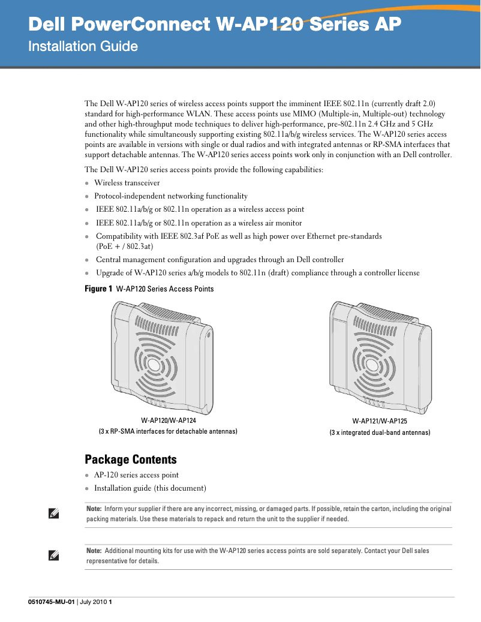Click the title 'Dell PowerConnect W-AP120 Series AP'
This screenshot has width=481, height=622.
(x=215, y=25)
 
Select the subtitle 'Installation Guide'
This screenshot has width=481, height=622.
(x=83, y=46)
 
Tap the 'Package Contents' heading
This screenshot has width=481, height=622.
(x=131, y=459)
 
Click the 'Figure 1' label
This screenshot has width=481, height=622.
(x=98, y=289)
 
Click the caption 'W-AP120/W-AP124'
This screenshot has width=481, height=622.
(x=168, y=420)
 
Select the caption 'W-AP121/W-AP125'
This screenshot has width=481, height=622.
(x=380, y=422)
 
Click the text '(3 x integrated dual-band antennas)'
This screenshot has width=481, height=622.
(x=380, y=432)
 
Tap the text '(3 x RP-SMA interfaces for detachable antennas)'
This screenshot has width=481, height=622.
(x=168, y=431)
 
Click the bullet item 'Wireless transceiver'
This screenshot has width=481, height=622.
(x=127, y=183)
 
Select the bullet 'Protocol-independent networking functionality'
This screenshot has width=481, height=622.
(x=170, y=196)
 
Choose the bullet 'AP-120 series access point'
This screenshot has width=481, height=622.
(x=136, y=475)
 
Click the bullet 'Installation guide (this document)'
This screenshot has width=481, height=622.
(x=150, y=488)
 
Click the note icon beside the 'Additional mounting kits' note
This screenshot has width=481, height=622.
(x=53, y=555)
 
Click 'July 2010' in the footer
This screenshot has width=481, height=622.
(x=93, y=602)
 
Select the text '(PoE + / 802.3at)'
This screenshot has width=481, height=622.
(x=125, y=247)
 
